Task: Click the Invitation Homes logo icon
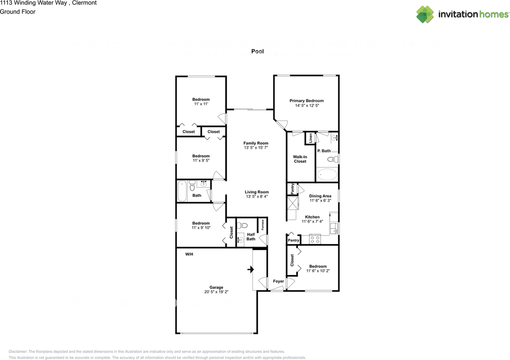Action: pyautogui.click(x=425, y=14)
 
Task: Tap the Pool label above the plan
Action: pyautogui.click(x=257, y=51)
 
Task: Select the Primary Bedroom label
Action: pyautogui.click(x=306, y=101)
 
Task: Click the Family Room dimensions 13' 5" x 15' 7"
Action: pyautogui.click(x=256, y=148)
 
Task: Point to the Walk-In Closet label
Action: pyautogui.click(x=300, y=159)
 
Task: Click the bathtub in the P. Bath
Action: pyautogui.click(x=327, y=174)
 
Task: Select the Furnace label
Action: pyautogui.click(x=263, y=225)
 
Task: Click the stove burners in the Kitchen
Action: pyautogui.click(x=315, y=239)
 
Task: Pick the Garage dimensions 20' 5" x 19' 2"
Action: pyautogui.click(x=216, y=292)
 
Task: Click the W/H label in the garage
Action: pyautogui.click(x=189, y=254)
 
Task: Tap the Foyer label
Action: pyautogui.click(x=279, y=281)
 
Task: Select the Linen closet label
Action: pyautogui.click(x=310, y=138)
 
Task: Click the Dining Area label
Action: pyautogui.click(x=320, y=196)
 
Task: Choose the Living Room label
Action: pyautogui.click(x=257, y=192)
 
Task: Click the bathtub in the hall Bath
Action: pyautogui.click(x=182, y=191)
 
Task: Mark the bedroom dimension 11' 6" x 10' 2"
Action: pyautogui.click(x=318, y=271)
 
